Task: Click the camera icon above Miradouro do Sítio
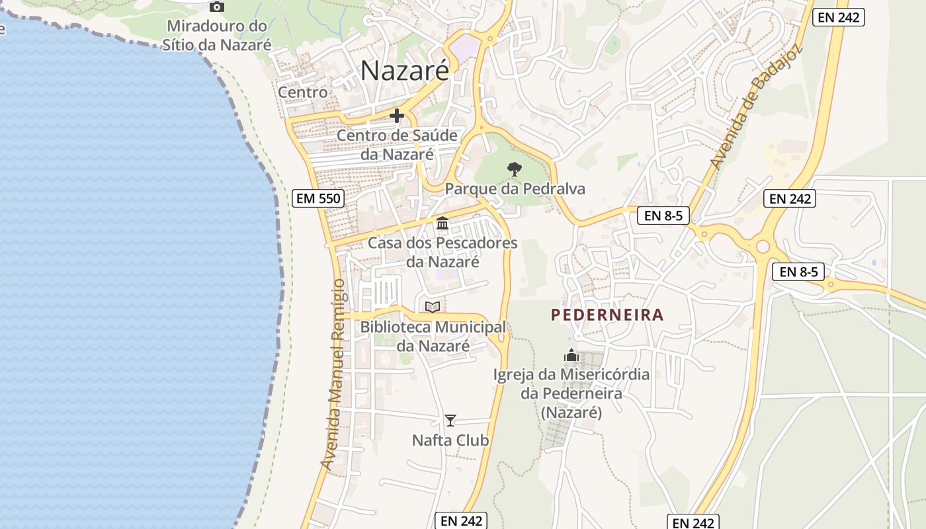216,7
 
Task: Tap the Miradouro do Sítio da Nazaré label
217,36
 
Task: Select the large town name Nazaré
405,71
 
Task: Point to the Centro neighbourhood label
303,92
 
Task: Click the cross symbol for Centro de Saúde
397,116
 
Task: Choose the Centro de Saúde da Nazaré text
397,145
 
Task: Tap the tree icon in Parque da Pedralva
514,170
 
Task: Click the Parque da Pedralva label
515,189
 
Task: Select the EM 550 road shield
318,198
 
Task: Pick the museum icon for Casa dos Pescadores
442,224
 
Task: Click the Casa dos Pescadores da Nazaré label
442,252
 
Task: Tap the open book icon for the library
433,307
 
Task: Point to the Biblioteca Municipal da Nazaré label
433,336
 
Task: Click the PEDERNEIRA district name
607,315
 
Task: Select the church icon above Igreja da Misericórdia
571,356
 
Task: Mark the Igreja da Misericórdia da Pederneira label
571,393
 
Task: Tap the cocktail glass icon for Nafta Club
450,421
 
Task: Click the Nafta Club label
450,440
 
